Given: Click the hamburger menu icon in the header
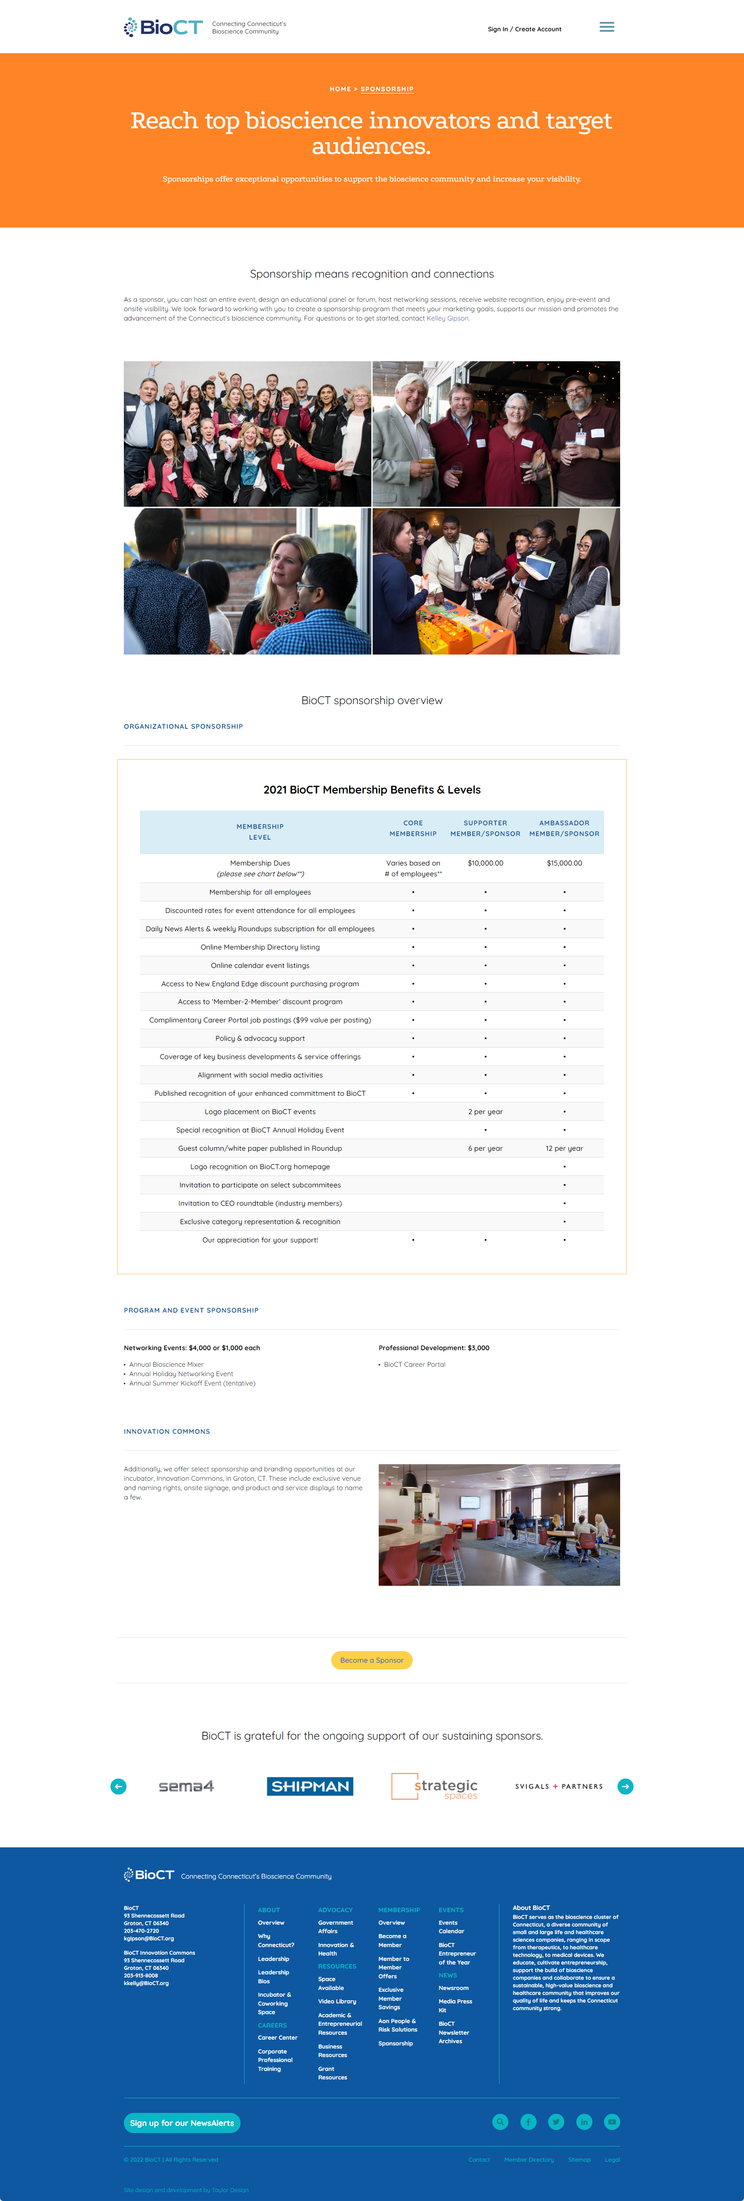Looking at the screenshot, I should [606, 27].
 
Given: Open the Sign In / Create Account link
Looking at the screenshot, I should [524, 29].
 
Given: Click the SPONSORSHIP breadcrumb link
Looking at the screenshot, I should [387, 89].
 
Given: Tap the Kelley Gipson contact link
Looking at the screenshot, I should [448, 319].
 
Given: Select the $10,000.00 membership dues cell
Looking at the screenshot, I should [485, 863].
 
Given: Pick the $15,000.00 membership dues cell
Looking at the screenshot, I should [564, 863].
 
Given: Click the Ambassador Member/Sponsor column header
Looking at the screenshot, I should [564, 828].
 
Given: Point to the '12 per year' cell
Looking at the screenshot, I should [564, 1149].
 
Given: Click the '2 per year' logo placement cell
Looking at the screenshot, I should [485, 1111].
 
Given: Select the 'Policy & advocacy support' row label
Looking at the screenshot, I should [260, 1038].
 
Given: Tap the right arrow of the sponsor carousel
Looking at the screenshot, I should [625, 1787].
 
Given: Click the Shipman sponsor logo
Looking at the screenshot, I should [310, 1787].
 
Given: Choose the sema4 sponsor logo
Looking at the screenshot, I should [186, 1787].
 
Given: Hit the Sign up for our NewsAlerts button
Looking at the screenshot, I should [182, 2123].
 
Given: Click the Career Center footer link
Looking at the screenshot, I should [278, 2038].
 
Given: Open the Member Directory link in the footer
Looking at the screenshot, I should [529, 2160].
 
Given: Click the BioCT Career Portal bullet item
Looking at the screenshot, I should [414, 1365].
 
